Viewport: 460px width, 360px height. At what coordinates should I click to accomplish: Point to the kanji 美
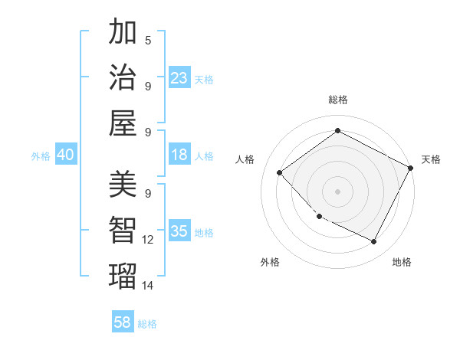(123, 185)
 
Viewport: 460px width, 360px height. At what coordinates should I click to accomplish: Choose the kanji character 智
(123, 230)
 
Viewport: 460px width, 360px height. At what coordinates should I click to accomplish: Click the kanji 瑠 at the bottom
(123, 274)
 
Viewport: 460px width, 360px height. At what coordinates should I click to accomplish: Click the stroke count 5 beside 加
(148, 40)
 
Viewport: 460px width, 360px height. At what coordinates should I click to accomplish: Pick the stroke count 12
(148, 240)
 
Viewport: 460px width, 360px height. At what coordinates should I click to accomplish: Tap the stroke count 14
(148, 285)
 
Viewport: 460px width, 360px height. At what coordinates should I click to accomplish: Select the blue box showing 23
(179, 77)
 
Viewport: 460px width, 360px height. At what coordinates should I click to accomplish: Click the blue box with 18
(179, 155)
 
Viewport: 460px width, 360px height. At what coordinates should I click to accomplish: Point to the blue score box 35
(179, 231)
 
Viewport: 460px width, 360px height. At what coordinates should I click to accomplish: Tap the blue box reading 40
(65, 155)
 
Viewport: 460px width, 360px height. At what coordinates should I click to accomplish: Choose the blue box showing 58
(123, 322)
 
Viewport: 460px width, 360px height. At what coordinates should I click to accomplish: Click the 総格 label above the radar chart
(337, 100)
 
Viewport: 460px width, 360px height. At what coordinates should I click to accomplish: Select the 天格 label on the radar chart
(431, 159)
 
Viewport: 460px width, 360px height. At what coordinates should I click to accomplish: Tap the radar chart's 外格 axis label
(270, 262)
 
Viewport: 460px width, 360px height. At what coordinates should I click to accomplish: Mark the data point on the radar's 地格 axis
(374, 242)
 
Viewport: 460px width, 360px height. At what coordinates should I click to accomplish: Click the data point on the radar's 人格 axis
(280, 172)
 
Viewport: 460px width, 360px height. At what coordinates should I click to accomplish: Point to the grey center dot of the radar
(337, 191)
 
